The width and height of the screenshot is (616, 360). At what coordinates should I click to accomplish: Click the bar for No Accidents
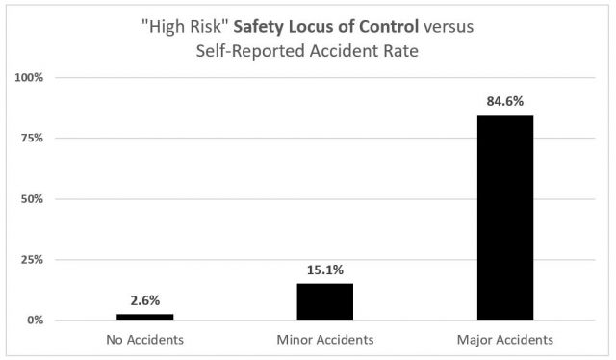(x=145, y=317)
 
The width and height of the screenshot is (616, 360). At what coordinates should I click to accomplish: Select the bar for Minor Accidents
(x=324, y=301)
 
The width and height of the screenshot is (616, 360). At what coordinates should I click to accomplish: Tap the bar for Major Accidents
(x=504, y=218)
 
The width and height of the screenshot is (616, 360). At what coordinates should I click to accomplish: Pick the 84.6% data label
(x=504, y=99)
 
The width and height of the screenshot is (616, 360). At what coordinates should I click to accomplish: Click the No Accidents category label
(x=145, y=339)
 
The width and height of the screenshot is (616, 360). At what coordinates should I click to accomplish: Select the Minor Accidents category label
(x=324, y=339)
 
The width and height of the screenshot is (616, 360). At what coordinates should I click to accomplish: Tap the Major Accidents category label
(x=504, y=339)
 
